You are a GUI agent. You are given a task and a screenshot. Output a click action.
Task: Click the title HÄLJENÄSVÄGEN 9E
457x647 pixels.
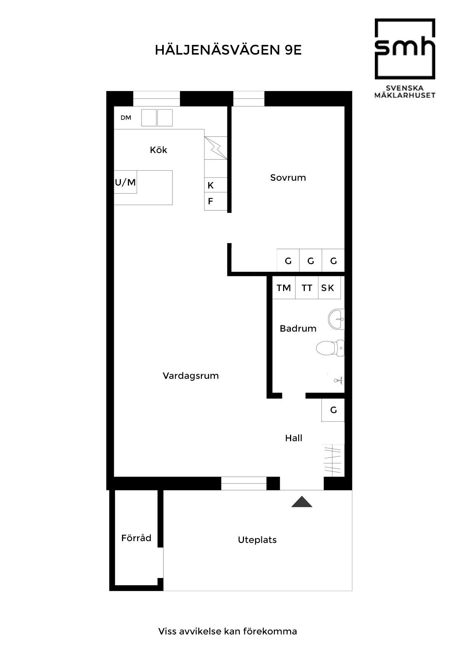pos(228,50)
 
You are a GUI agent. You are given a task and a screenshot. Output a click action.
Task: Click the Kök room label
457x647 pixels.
pos(158,150)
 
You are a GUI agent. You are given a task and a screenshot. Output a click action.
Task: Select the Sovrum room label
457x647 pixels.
pos(288,178)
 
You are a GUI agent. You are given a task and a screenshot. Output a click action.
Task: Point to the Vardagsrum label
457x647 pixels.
pos(191,376)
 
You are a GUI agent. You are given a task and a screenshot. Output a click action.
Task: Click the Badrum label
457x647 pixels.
pos(298,329)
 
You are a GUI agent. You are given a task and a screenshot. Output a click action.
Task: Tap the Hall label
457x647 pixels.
pos(293,438)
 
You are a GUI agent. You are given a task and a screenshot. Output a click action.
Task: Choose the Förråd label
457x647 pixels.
pos(136,538)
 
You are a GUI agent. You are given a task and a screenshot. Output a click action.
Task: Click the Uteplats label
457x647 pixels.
pos(257,540)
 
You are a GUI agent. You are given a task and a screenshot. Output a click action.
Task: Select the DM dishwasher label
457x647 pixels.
pos(126,118)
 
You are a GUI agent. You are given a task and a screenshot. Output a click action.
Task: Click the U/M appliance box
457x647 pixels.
pos(125,182)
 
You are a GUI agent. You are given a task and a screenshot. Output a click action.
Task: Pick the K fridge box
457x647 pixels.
pos(215,185)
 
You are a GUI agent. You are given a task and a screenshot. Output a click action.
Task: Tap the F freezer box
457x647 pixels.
pos(215,201)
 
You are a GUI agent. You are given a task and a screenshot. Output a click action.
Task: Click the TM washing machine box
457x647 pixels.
pos(284,288)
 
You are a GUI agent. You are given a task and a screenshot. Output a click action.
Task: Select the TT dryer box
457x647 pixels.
pos(307,288)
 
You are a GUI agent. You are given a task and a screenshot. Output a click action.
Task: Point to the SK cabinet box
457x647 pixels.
pos(328,288)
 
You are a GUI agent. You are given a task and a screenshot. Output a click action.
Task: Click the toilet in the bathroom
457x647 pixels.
pos(329,348)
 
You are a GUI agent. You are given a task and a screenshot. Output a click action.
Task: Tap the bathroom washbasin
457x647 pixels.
pos(336,319)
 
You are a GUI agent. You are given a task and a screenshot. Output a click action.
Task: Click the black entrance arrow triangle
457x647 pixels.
pos(302,502)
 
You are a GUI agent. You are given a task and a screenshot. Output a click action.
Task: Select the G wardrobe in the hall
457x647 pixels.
pos(333,410)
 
